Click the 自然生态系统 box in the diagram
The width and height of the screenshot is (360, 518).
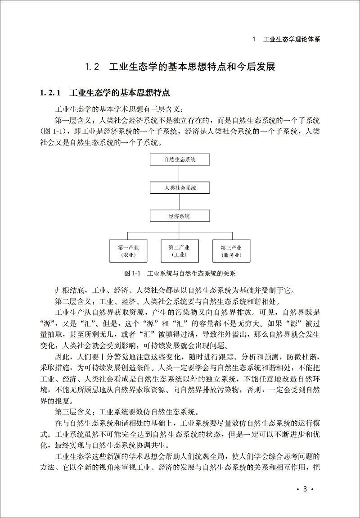180,159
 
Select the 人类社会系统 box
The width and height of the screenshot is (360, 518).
180,187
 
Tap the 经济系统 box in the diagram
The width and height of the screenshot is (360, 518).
180,216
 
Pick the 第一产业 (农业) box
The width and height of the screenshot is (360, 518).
128,251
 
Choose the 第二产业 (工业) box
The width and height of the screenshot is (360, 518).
180,251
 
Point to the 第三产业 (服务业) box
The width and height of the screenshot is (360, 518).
231,251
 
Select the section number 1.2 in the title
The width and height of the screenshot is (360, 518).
92,68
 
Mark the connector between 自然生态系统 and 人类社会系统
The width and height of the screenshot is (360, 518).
180,173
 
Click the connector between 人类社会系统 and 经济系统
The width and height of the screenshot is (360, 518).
180,202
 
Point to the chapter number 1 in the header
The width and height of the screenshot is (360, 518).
254,39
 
